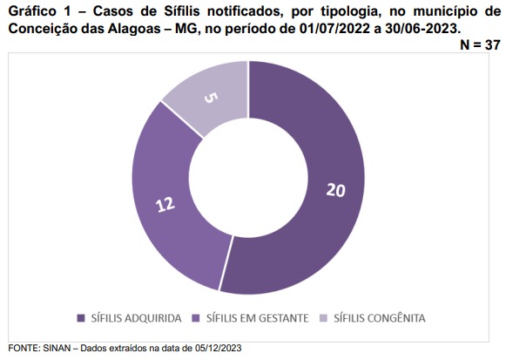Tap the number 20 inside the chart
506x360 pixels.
click(335, 190)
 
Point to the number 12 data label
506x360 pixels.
click(165, 204)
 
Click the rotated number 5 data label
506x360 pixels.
click(211, 98)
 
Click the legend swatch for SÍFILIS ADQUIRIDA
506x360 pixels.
click(81, 318)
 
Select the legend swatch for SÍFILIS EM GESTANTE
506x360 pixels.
click(196, 318)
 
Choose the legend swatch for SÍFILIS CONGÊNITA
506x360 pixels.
click(323, 318)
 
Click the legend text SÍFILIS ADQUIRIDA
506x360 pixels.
click(136, 318)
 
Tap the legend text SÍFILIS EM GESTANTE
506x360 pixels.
click(258, 318)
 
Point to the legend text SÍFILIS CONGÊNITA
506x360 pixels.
click(380, 318)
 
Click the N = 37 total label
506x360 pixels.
click(480, 44)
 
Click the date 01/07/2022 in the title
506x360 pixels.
click(334, 29)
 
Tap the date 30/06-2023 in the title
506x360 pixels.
click(421, 29)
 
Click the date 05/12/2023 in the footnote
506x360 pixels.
click(218, 349)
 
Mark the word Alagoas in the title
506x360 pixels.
click(134, 29)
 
